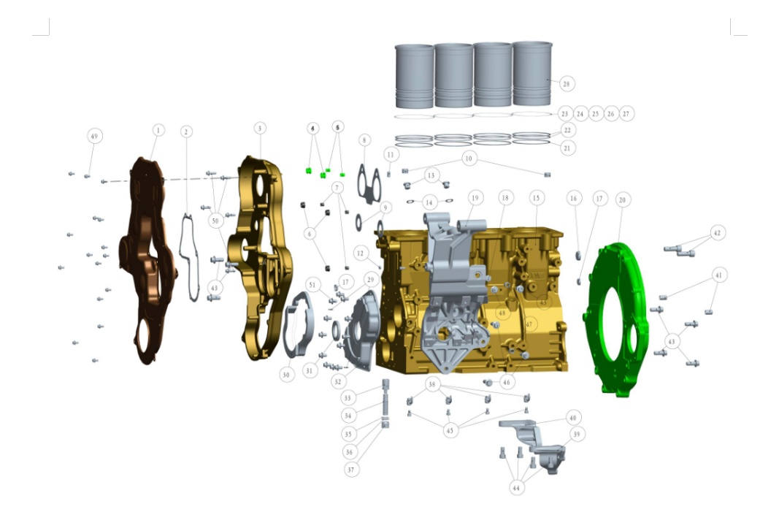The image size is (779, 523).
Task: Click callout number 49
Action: tap(93, 136)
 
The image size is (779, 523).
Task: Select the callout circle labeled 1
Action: tap(158, 130)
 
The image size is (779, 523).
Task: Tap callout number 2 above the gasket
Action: tap(186, 131)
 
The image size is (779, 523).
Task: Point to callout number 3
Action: tap(260, 128)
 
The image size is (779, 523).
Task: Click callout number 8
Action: tap(364, 139)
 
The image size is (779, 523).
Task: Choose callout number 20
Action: tap(622, 199)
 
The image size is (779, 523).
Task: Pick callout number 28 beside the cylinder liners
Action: tap(567, 84)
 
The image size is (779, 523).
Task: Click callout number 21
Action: tap(568, 147)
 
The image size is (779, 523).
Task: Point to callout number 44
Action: tap(517, 486)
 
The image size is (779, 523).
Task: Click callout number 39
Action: tap(577, 434)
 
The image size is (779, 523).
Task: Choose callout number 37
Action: tap(352, 470)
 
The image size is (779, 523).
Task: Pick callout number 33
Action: tap(348, 398)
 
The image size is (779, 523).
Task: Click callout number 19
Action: tap(475, 197)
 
